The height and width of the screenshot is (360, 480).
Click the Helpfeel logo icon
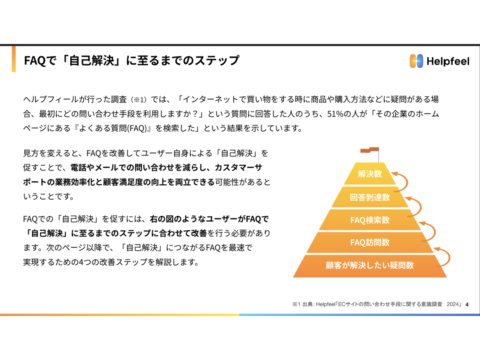tap(416, 61)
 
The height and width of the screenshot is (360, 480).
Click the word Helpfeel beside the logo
tap(448, 61)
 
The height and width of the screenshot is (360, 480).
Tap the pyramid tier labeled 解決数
tap(370, 174)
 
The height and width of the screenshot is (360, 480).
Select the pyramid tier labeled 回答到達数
tap(370, 197)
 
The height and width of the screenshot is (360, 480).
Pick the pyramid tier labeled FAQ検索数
tap(370, 220)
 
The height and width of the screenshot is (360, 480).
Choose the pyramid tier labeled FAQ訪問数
tap(370, 242)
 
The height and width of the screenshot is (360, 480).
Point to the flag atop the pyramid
tap(370, 150)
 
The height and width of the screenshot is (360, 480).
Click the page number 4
tap(467, 304)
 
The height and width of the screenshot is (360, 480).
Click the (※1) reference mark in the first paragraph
tap(140, 100)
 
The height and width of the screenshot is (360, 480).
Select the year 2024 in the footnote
tap(453, 304)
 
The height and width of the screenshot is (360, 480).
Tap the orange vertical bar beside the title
tap(14, 59)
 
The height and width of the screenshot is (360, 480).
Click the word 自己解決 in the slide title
tap(92, 60)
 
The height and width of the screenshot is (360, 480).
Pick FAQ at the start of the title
tap(35, 60)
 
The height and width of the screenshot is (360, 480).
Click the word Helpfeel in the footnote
tap(325, 304)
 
